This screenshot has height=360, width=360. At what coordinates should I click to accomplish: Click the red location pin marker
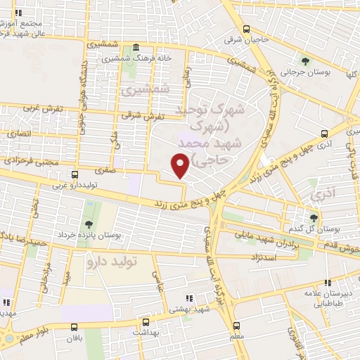point(181,165)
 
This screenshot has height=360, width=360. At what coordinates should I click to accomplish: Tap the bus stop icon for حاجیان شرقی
point(246,29)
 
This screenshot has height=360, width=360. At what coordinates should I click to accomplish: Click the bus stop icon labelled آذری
point(323,133)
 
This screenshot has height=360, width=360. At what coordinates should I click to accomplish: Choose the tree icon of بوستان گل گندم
point(314,218)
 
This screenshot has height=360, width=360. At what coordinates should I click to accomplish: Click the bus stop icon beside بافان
point(75,326)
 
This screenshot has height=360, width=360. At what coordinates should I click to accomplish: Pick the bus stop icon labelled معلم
point(236,325)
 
